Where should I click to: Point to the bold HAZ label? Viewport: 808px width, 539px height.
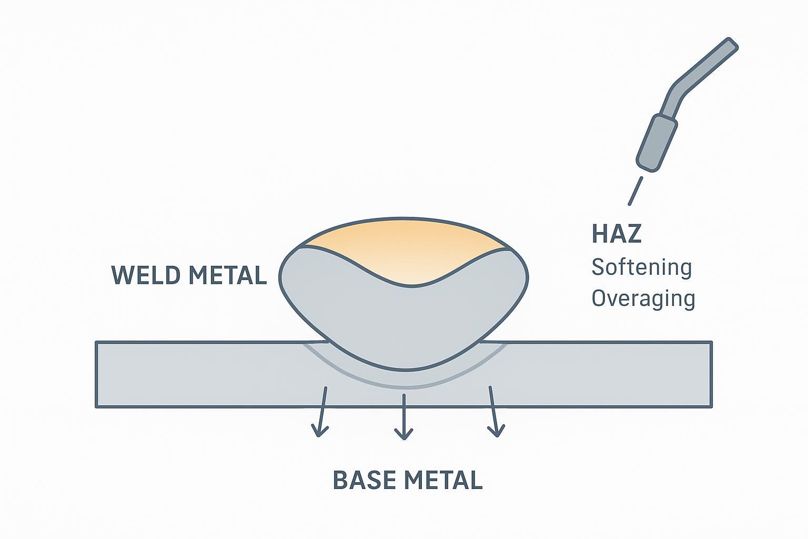tap(617, 234)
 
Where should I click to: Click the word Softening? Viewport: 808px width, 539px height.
tap(641, 267)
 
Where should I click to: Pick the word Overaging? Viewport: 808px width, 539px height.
tap(643, 298)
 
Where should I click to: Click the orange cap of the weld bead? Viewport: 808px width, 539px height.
tap(405, 247)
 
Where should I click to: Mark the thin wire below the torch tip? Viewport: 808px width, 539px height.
tap(635, 191)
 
